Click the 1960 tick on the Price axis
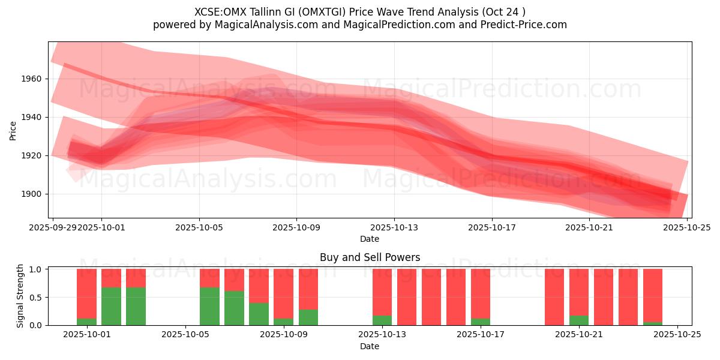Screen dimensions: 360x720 tap(34, 79)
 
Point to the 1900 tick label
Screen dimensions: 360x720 tap(34, 194)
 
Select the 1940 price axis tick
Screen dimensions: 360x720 tap(34, 117)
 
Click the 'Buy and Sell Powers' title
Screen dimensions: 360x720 tap(370, 257)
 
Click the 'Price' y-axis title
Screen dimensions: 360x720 tap(13, 130)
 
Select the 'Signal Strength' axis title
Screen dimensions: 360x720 tap(20, 296)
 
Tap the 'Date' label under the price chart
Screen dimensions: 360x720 tap(370, 239)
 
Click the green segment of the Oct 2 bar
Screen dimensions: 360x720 tap(111, 306)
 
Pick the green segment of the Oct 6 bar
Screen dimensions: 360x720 tap(209, 306)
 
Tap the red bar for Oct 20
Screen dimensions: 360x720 tap(554, 297)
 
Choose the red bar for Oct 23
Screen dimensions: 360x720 tap(628, 297)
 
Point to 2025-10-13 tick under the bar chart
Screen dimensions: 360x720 tap(382, 335)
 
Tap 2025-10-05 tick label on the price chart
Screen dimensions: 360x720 tap(199, 227)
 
